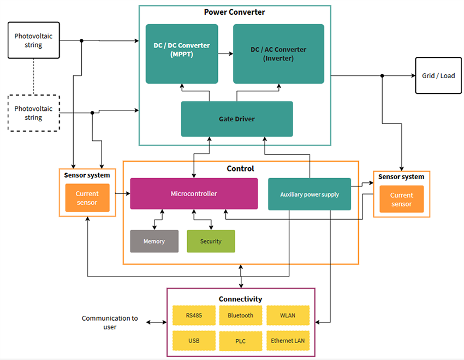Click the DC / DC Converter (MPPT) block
click(181, 54)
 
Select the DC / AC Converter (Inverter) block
click(278, 54)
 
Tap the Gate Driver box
click(237, 119)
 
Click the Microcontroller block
click(194, 193)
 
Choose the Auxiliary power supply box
click(309, 194)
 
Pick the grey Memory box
click(154, 241)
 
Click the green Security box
click(211, 241)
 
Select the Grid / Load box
click(438, 75)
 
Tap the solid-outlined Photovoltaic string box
click(33, 40)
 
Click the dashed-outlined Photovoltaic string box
click(33, 113)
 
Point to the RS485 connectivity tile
click(194, 315)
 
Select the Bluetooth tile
click(240, 315)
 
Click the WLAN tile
click(288, 315)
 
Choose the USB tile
click(194, 341)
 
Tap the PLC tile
click(240, 341)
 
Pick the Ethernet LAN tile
click(288, 341)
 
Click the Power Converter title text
click(235, 12)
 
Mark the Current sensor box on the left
click(87, 198)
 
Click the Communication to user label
click(110, 322)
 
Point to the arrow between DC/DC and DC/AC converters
click(225, 54)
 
